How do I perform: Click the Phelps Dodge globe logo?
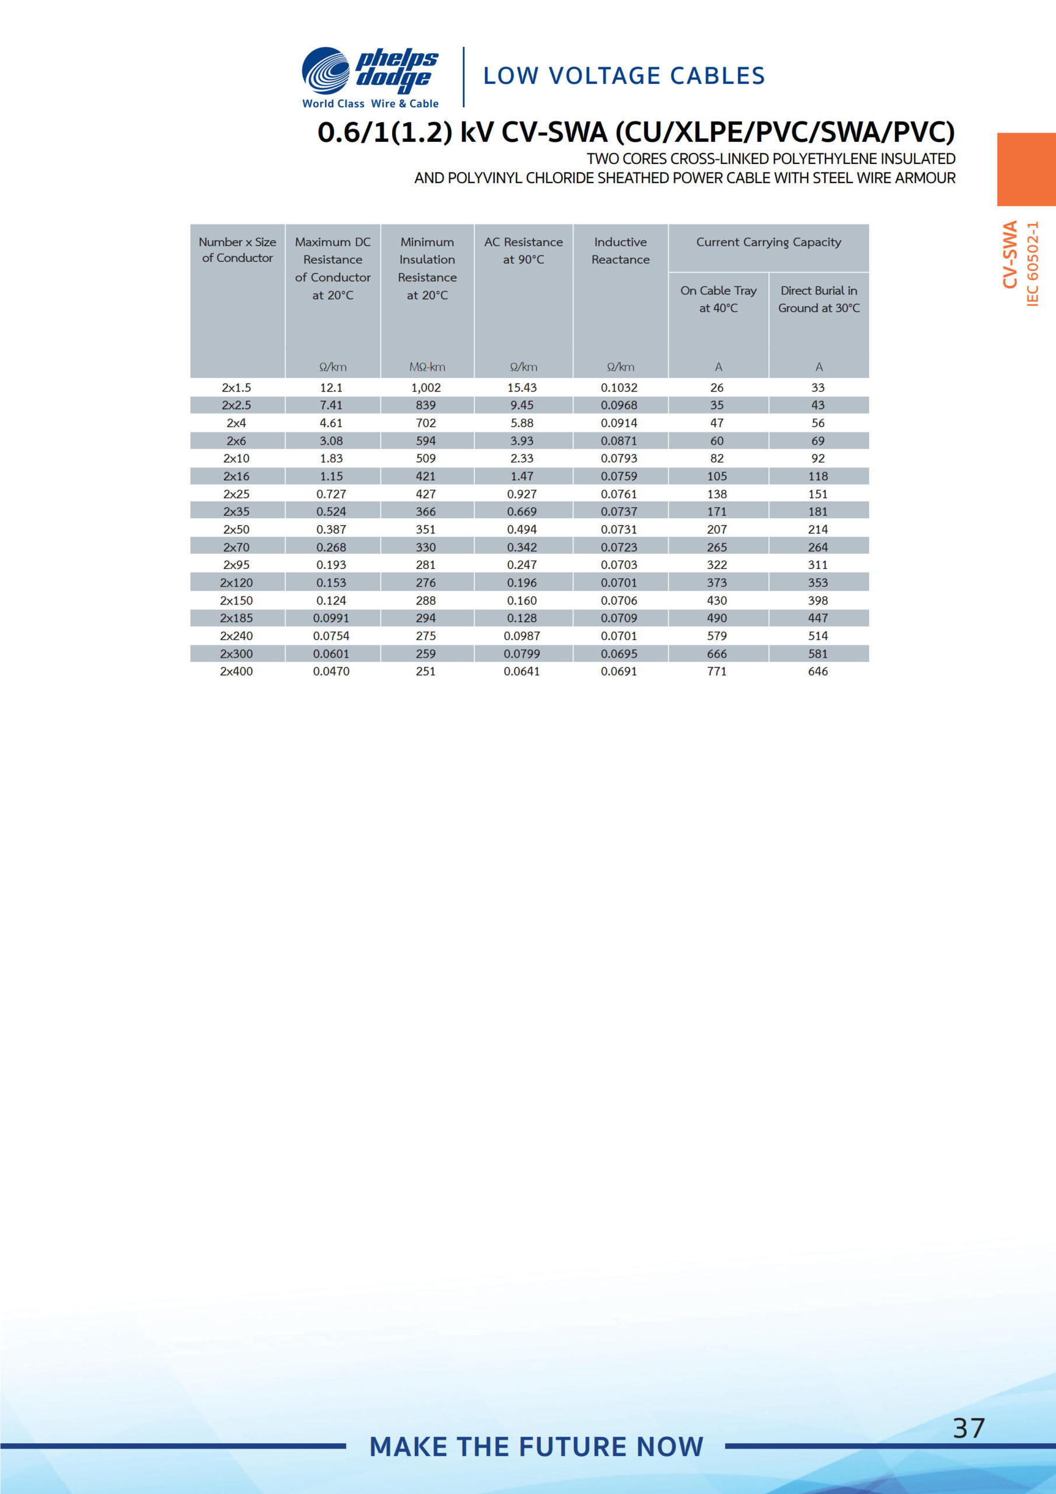[326, 71]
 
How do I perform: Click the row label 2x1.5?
[236, 388]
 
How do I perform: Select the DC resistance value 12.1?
[331, 388]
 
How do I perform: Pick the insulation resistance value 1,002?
[426, 388]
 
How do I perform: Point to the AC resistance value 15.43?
[522, 388]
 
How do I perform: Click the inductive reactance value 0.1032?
[619, 388]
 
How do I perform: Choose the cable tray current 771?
[717, 672]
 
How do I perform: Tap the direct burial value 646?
[818, 672]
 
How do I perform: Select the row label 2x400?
[236, 672]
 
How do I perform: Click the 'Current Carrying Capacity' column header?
[768, 243]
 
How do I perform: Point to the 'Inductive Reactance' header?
[620, 250]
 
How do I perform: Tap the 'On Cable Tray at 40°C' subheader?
[718, 299]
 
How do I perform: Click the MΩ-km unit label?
[427, 368]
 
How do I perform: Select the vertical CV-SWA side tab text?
[1009, 254]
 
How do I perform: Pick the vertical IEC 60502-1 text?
[1033, 264]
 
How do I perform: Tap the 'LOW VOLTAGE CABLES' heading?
[624, 76]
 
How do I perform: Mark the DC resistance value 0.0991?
[331, 618]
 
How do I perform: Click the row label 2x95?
[236, 565]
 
